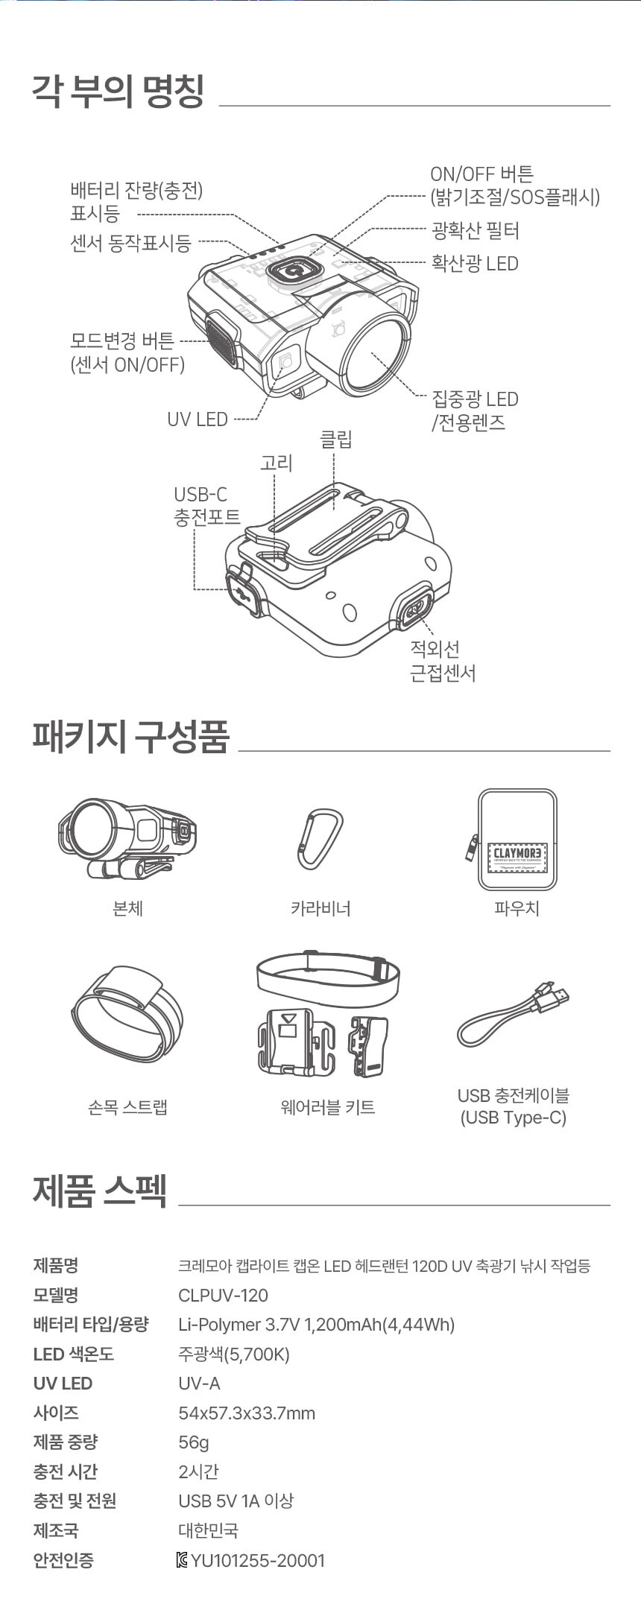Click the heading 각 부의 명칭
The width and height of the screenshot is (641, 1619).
coord(118,92)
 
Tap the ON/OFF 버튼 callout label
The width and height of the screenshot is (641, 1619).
coord(514,186)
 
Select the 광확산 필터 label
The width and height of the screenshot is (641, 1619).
coord(476,230)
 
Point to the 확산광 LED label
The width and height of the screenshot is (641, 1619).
coord(475,263)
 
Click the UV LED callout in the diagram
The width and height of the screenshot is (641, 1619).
coord(198,419)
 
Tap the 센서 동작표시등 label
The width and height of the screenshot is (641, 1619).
coord(130,243)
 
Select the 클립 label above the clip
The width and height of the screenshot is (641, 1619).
coord(335,439)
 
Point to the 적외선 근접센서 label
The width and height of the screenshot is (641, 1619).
coord(443,661)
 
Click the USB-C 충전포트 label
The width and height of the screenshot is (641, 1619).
coord(207,505)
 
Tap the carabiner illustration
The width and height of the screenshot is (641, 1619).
coord(320,839)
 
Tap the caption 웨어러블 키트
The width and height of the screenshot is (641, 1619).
coord(327,1107)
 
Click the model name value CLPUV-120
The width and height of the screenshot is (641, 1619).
coord(223,1295)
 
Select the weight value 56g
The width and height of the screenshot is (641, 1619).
coord(194,1442)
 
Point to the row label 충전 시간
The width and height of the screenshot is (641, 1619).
coord(66,1471)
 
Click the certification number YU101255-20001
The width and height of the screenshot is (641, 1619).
coord(258,1560)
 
